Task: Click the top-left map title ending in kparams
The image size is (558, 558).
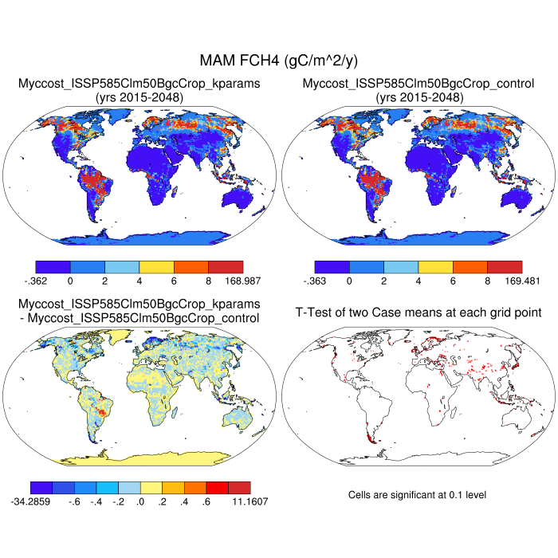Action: pos(139,83)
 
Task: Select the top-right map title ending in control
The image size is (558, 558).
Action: pos(418,83)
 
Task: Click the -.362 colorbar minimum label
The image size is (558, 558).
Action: pos(36,281)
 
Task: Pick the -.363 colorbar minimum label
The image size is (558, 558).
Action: pos(316,281)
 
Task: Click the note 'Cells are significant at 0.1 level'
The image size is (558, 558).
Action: pos(418,495)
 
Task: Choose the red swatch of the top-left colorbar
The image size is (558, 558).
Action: pos(226,267)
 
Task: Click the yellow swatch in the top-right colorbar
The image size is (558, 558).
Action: pos(435,267)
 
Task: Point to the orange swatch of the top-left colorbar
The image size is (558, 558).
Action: pos(191,267)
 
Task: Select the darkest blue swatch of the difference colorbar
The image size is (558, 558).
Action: pos(41,487)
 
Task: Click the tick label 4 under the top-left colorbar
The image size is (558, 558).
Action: pos(139,281)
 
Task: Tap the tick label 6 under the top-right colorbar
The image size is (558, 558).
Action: pos(453,281)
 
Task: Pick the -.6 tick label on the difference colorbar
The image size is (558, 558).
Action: pos(73,501)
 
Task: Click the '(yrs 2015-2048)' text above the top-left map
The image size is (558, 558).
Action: pos(139,96)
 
